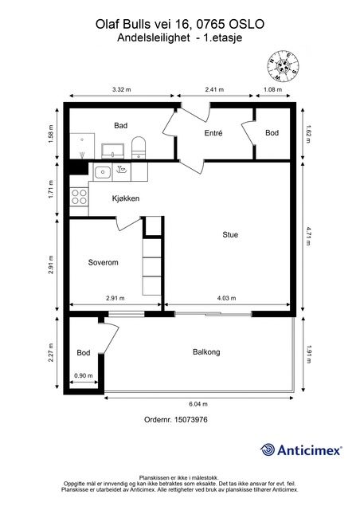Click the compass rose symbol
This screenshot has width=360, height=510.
click(283, 66)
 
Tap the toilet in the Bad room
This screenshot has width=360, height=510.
click(139, 148)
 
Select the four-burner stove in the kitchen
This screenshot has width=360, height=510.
click(79, 197)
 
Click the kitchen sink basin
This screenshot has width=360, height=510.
click(103, 172)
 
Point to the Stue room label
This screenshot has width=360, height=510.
click(230, 234)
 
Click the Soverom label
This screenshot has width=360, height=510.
click(103, 262)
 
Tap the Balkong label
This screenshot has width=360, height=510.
click(206, 352)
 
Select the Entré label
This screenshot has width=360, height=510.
click(213, 133)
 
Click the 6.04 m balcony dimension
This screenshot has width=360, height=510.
click(198, 404)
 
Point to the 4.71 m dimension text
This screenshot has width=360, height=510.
click(308, 236)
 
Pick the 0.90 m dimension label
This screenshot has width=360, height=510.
click(84, 375)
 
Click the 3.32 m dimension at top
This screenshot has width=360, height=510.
click(122, 89)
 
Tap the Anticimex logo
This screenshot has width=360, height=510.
click(301, 450)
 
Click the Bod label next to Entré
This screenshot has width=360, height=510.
click(272, 133)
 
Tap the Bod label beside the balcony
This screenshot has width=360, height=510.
click(84, 352)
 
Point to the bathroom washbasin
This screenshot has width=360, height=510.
click(112, 151)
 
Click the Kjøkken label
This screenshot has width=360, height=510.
click(126, 198)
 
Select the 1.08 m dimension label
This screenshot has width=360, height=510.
click(273, 89)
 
